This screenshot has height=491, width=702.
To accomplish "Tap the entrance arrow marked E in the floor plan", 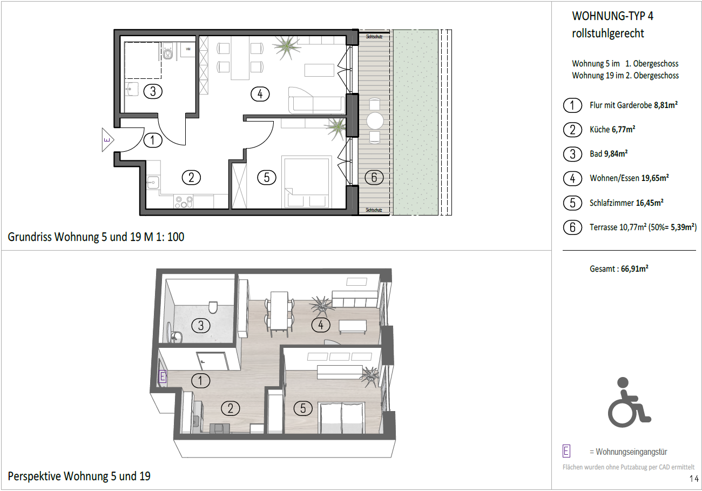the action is (107, 140).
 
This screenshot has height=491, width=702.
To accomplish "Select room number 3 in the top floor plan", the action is (153, 91).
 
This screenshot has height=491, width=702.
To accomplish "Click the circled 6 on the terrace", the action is (374, 178).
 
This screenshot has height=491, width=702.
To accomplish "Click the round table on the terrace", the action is (375, 120).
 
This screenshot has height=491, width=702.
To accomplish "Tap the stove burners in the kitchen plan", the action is (184, 201).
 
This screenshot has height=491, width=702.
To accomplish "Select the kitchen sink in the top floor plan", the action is (153, 183).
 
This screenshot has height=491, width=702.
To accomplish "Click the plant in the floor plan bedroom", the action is (336, 128).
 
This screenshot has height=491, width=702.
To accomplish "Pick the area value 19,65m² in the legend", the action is (655, 178).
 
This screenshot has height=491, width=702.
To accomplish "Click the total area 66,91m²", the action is (634, 269).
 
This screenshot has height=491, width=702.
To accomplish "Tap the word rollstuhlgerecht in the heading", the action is (608, 33).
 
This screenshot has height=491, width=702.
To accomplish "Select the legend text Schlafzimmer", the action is (611, 203).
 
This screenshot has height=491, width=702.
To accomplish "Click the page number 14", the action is (694, 479).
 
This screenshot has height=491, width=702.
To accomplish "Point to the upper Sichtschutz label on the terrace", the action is (374, 37).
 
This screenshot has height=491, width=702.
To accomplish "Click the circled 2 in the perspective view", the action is (231, 408).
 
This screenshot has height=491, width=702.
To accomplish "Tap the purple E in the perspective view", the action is (163, 376).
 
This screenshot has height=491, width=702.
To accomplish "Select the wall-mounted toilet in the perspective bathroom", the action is (213, 307).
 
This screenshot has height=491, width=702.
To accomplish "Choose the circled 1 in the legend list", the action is (572, 105).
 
